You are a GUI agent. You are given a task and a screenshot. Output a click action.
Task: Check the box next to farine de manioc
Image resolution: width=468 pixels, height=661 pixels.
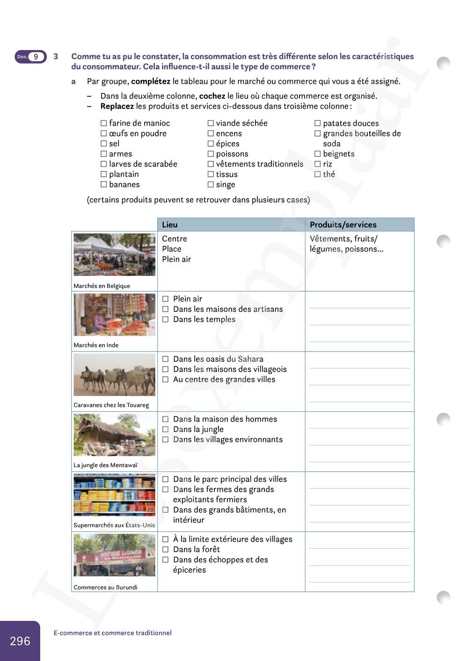pos(104,123)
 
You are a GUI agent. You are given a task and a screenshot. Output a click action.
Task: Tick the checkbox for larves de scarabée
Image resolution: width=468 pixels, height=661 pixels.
pos(104,164)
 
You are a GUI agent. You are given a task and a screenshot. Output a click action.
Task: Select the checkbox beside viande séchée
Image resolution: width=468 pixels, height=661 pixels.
pos(211,123)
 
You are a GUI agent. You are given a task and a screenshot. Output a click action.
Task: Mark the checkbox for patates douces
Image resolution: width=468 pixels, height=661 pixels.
pos(317,123)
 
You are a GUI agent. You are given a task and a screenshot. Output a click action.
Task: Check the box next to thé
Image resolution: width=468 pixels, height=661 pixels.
pos(317,174)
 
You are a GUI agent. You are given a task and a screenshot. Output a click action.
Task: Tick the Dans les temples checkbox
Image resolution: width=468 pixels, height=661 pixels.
pos(165,320)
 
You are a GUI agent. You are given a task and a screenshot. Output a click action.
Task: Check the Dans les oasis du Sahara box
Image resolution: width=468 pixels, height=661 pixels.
pos(165,359)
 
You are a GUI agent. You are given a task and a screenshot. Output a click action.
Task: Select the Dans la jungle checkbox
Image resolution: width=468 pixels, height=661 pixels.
pos(165,430)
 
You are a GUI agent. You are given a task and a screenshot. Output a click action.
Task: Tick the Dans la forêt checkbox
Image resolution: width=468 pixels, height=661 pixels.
pos(165,550)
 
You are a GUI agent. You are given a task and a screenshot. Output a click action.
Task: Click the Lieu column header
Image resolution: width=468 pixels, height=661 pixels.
pos(170,225)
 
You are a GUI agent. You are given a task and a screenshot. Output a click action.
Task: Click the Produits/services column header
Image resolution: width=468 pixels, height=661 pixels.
pos(343,225)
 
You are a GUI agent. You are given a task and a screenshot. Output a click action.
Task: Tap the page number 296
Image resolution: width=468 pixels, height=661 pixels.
pos(20,641)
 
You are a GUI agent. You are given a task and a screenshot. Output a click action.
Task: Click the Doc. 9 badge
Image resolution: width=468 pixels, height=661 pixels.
pos(31,57)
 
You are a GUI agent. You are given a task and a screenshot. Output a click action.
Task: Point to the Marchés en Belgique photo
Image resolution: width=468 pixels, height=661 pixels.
pos(114,255)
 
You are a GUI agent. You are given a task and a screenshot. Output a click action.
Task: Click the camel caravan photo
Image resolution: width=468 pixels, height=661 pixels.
pos(114,375)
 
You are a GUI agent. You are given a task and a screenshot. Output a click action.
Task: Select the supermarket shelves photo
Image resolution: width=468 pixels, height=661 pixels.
pos(114,495)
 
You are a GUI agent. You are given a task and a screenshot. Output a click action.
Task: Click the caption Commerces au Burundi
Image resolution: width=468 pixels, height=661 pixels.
pos(105,588)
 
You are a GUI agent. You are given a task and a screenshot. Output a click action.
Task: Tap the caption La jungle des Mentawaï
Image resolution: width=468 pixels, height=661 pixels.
pos(105,465)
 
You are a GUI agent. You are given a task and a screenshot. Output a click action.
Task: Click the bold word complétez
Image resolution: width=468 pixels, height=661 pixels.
pos(151,81)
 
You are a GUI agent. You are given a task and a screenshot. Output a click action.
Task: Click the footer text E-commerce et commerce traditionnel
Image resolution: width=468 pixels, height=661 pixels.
pos(112,633)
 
